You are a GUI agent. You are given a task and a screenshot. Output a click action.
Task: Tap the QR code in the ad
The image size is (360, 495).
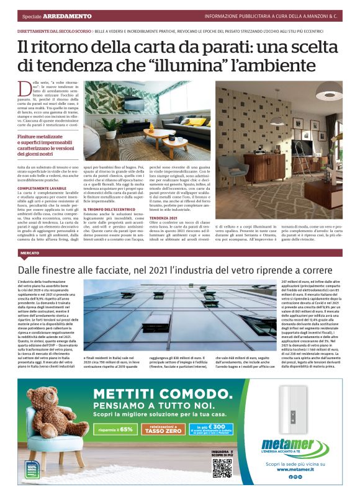click(x=222, y=466)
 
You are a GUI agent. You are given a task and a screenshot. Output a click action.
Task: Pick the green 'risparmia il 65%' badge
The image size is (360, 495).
click(x=114, y=429)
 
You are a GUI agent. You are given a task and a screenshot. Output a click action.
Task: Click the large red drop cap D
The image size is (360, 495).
click(x=25, y=89)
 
